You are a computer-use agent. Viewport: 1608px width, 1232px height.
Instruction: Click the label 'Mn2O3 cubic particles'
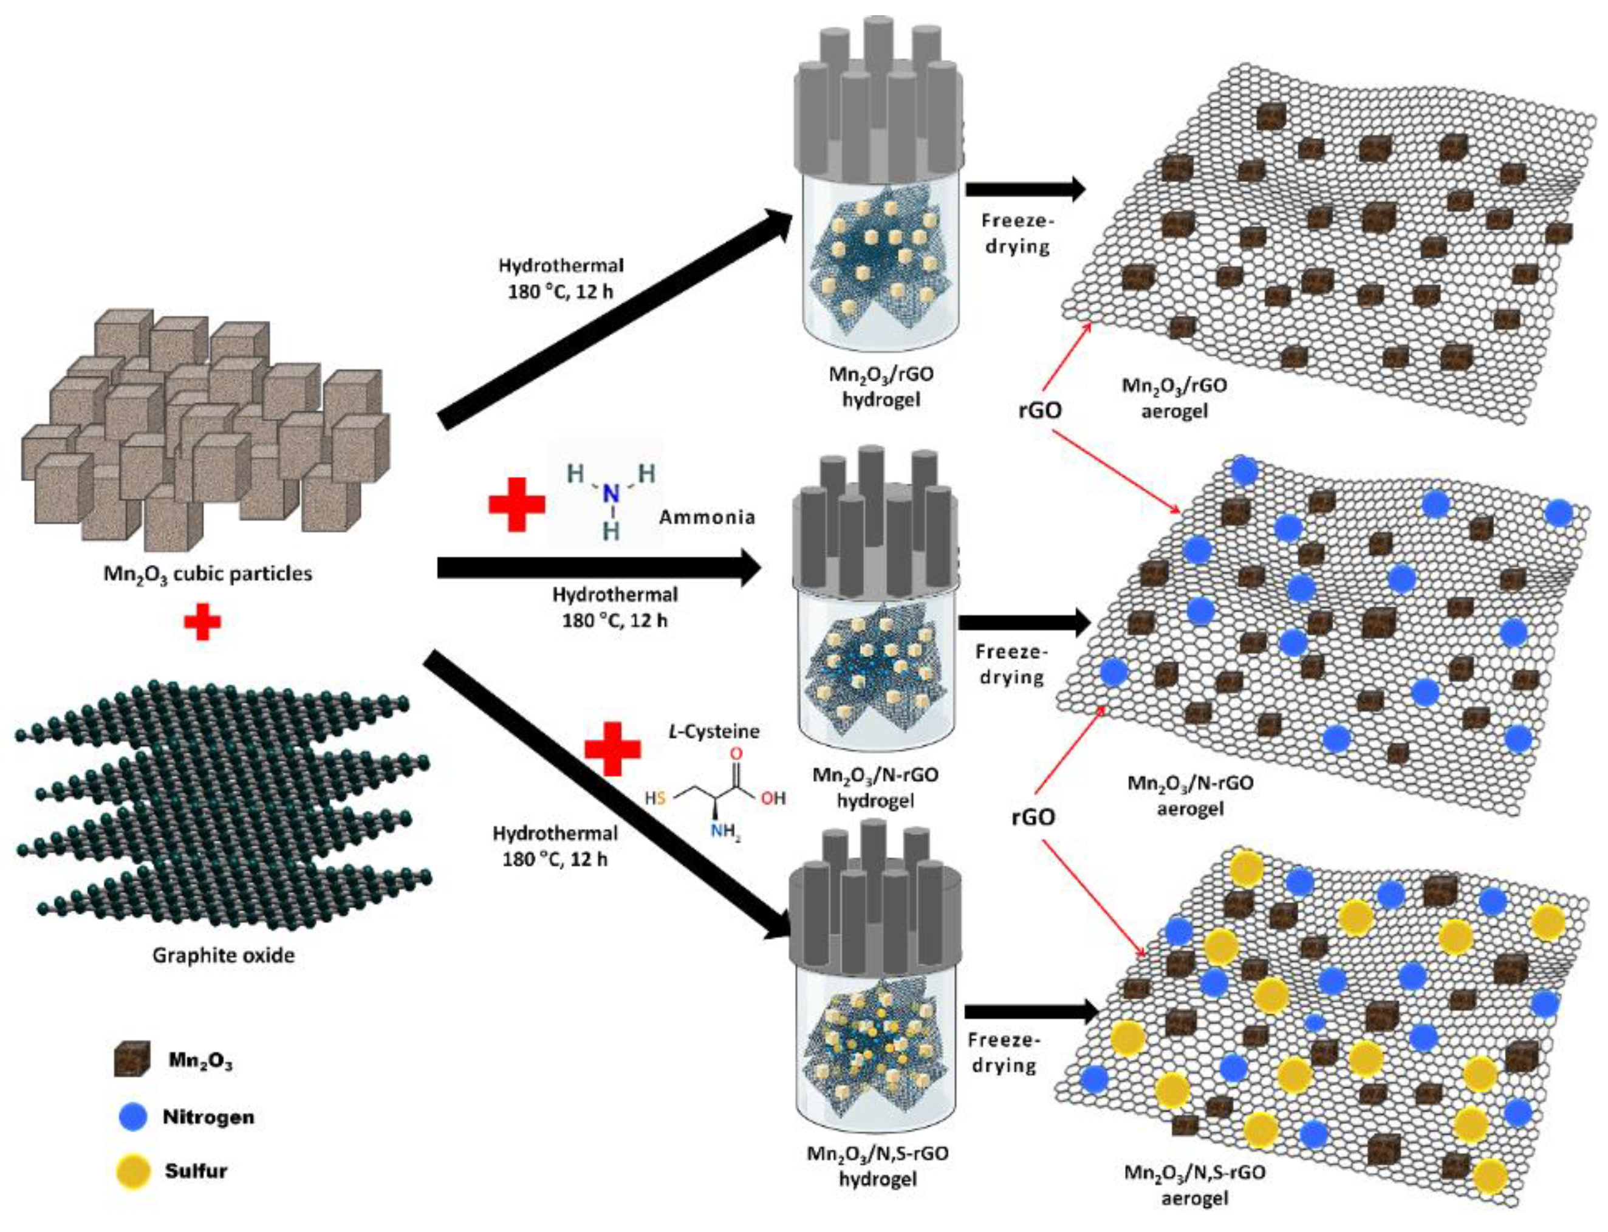point(208,573)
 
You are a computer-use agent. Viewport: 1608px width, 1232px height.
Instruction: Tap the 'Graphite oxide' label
point(223,956)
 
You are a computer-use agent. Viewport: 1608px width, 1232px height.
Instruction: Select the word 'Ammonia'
point(706,517)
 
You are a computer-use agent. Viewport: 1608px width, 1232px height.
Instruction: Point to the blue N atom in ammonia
point(611,496)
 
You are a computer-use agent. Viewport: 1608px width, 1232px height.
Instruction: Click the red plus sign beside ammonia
point(516,505)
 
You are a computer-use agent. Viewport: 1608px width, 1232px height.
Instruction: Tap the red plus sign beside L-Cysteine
point(612,748)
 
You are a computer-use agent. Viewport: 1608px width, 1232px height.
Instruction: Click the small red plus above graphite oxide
point(202,623)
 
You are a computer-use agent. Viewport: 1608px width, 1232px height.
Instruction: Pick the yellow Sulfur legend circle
point(134,1171)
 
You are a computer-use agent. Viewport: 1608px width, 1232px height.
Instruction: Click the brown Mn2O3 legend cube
point(132,1059)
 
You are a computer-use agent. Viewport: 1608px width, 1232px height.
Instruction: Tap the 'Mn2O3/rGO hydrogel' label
point(881,386)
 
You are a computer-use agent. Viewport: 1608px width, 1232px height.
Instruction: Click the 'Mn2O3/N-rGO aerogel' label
point(1189,796)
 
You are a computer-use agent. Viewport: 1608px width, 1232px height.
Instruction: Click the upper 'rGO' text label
point(1040,410)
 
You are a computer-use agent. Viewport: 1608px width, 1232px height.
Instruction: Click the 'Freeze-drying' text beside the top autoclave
point(1016,233)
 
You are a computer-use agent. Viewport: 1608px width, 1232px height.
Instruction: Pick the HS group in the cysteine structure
point(655,798)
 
